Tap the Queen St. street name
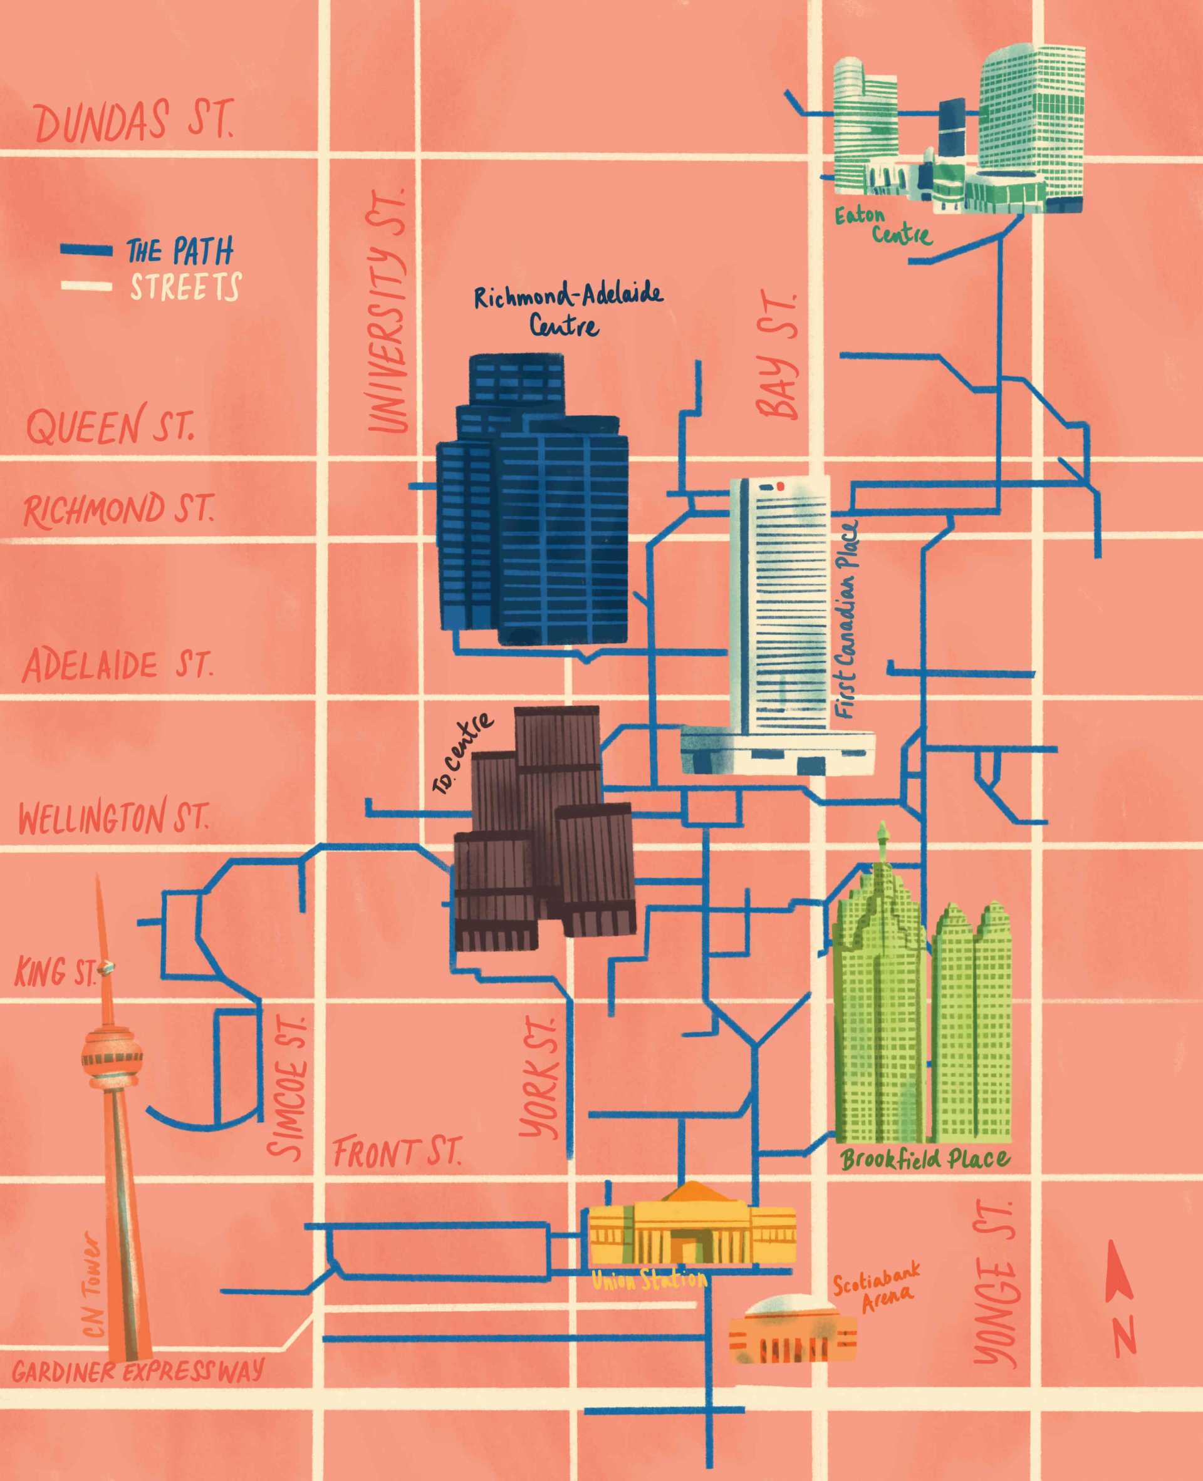(110, 426)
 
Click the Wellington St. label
(112, 817)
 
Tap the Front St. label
(396, 1153)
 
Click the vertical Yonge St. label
(996, 1285)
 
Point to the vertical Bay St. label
(778, 357)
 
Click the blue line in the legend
(86, 250)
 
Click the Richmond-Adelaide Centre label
(567, 309)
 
